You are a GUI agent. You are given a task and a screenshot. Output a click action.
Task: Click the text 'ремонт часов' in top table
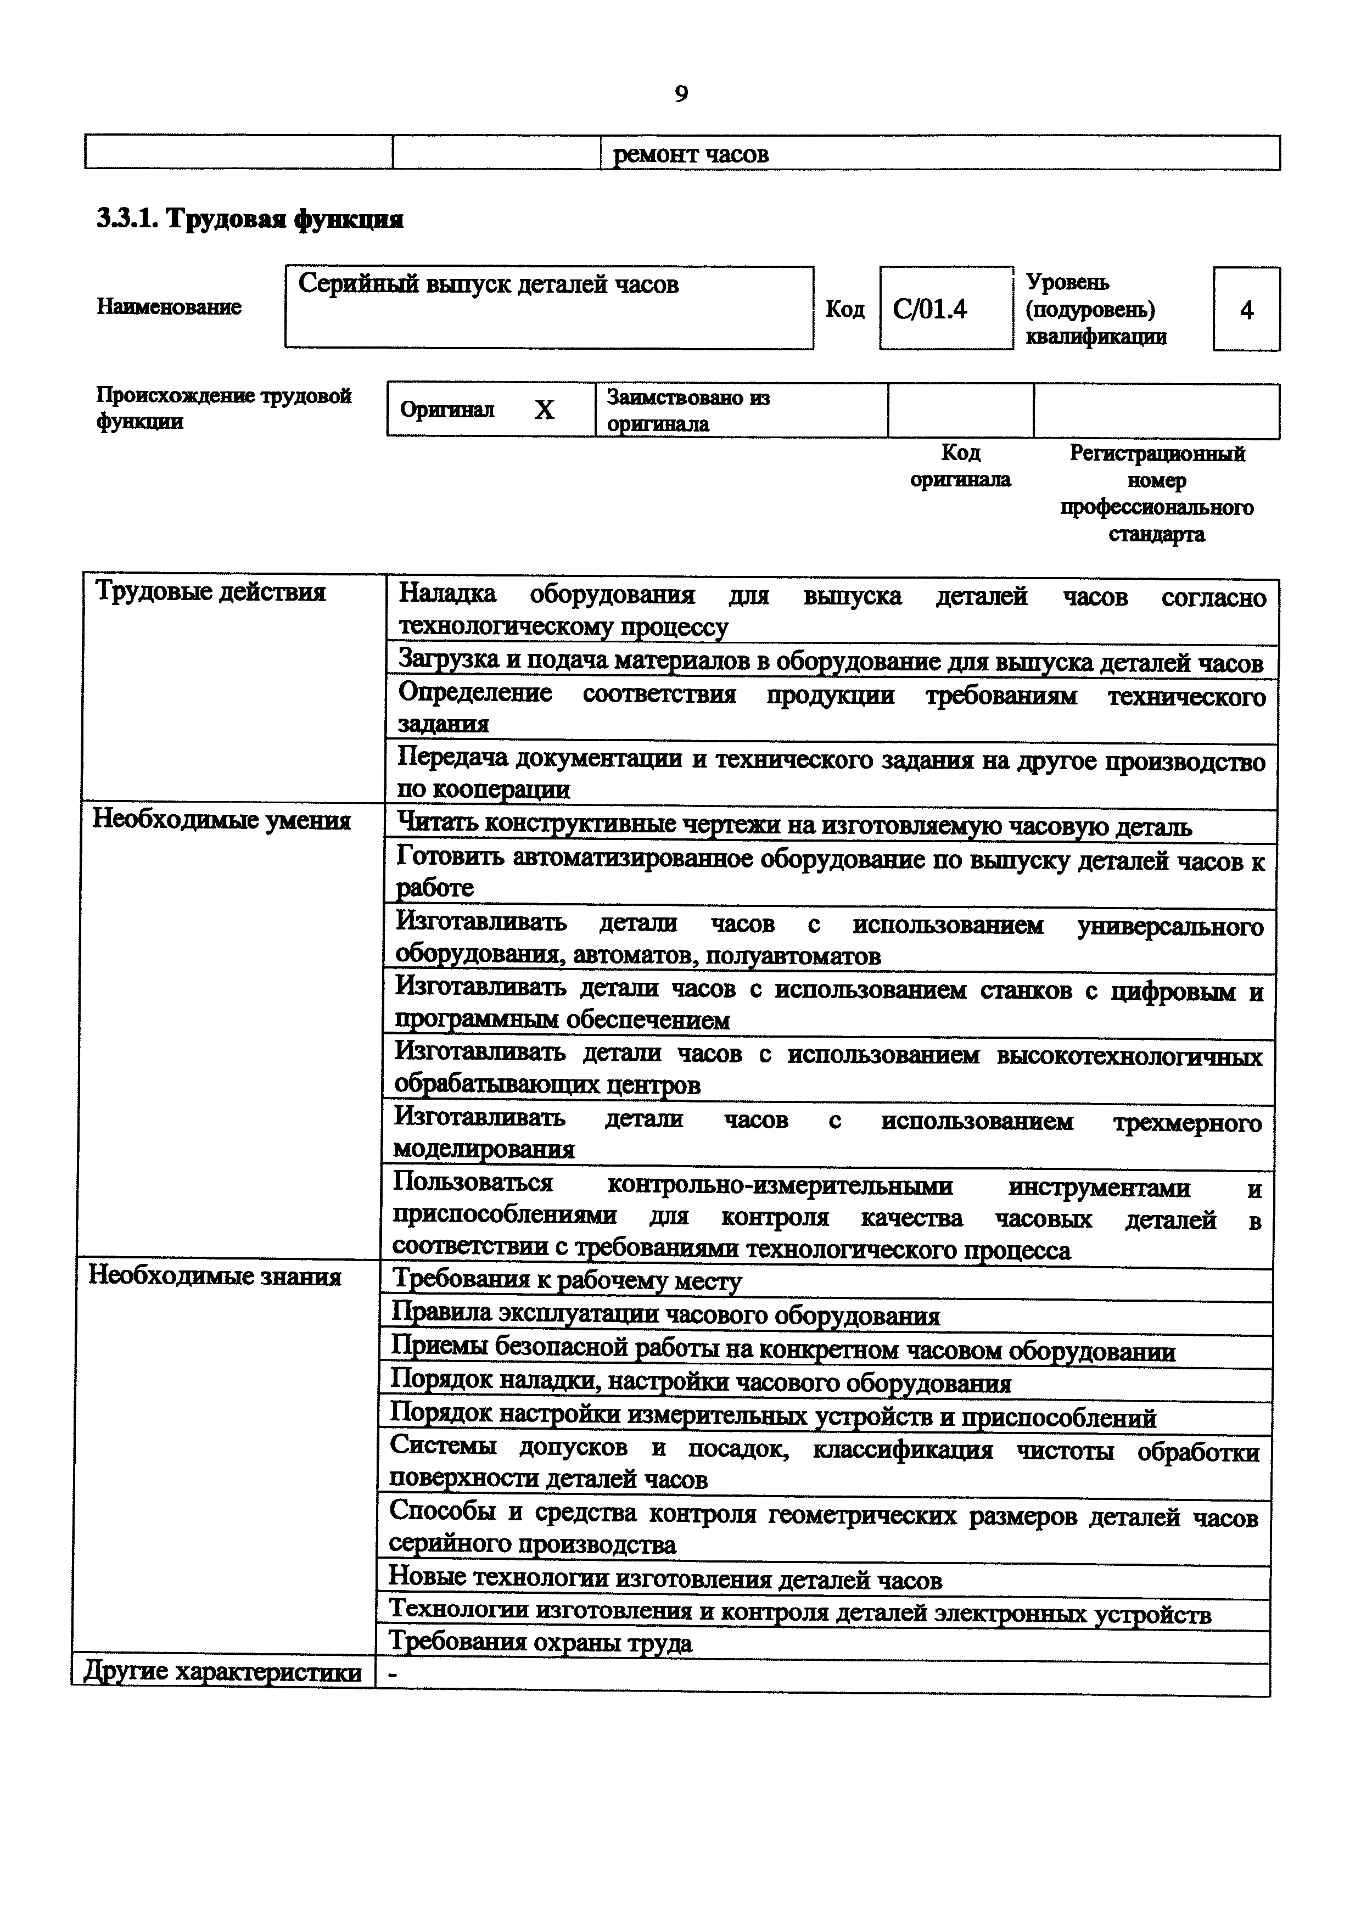pyautogui.click(x=691, y=154)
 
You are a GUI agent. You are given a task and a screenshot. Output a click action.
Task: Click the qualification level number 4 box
pyautogui.click(x=1246, y=310)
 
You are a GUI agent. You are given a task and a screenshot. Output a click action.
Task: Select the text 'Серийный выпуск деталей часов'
pyautogui.click(x=488, y=284)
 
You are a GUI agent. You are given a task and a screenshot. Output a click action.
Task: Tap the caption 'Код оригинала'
pyautogui.click(x=960, y=466)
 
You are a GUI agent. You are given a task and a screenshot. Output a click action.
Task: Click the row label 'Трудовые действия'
pyautogui.click(x=210, y=592)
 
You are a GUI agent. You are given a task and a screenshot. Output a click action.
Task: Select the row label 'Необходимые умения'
pyautogui.click(x=221, y=820)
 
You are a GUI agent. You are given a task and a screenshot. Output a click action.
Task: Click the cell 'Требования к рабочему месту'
pyautogui.click(x=567, y=1280)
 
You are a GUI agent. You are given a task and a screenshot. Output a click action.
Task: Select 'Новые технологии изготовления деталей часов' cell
pyautogui.click(x=665, y=1581)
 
